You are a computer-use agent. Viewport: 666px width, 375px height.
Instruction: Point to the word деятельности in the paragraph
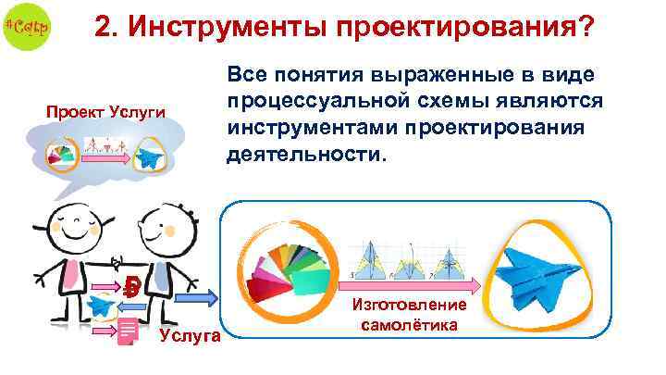(305, 152)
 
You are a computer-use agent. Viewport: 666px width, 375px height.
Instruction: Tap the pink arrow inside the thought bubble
(105, 159)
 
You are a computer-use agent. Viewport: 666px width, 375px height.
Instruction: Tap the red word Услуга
(190, 334)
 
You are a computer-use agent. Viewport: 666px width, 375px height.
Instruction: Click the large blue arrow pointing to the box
(204, 297)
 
